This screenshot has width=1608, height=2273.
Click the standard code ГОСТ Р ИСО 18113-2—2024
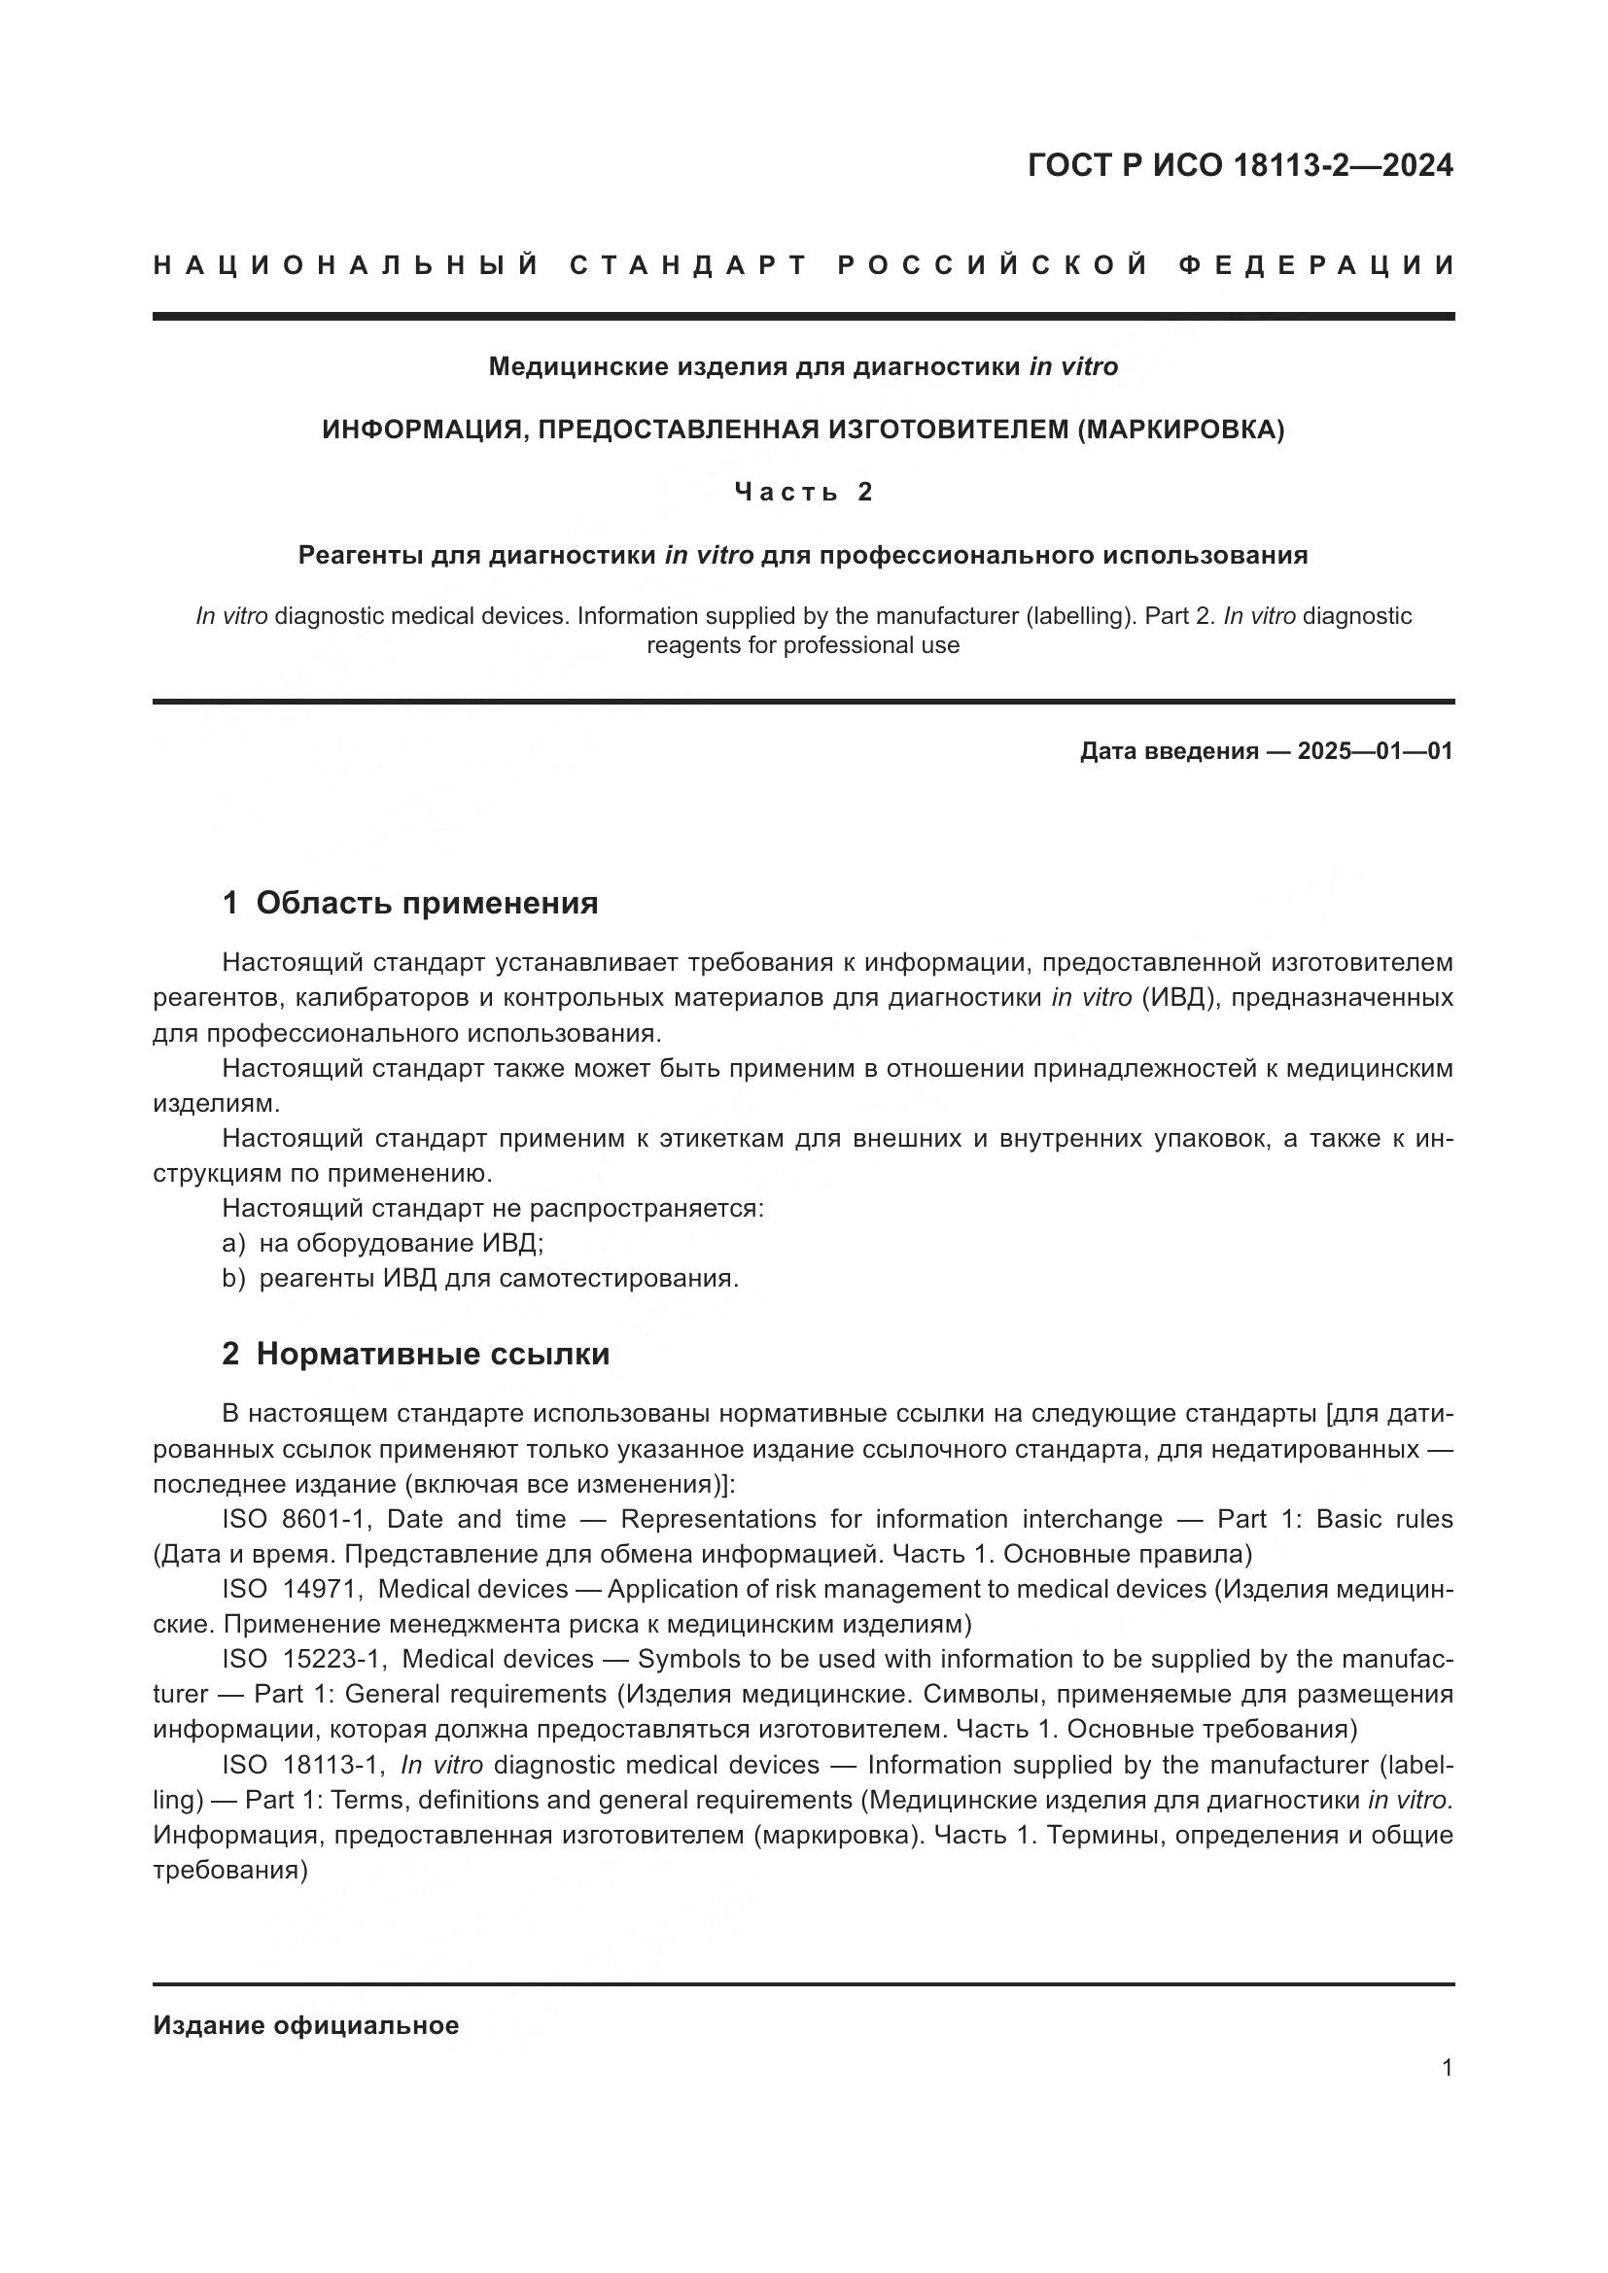1240,165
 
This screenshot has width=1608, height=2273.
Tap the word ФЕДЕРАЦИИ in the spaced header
1316,265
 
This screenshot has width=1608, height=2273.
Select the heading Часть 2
803,492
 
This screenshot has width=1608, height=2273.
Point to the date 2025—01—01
1375,750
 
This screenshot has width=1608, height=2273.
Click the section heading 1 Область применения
410,903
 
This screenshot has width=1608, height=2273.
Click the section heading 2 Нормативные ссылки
415,1354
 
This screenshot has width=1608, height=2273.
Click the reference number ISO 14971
293,1589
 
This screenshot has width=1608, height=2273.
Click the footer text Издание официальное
306,2024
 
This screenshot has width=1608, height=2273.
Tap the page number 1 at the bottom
1447,2067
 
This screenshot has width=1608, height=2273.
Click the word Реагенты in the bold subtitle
361,556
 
